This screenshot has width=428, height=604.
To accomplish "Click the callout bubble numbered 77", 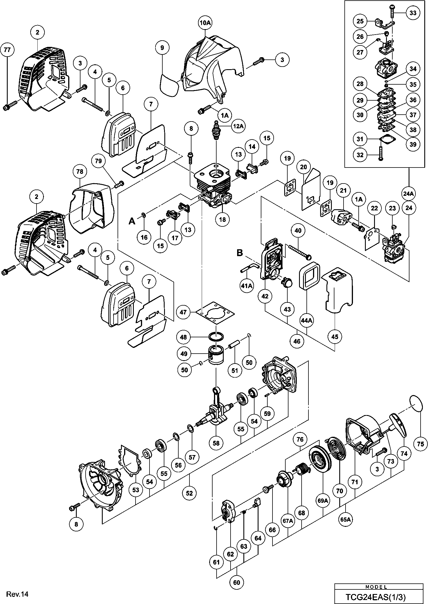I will coord(7,50).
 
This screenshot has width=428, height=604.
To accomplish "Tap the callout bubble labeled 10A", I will coord(205,23).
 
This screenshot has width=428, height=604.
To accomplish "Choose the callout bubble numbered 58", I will coord(216,443).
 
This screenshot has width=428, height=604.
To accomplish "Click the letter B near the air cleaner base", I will coord(240,253).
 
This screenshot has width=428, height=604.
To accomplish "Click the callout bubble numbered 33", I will coord(413,13).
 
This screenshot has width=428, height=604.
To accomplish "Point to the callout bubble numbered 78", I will coord(80,172).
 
